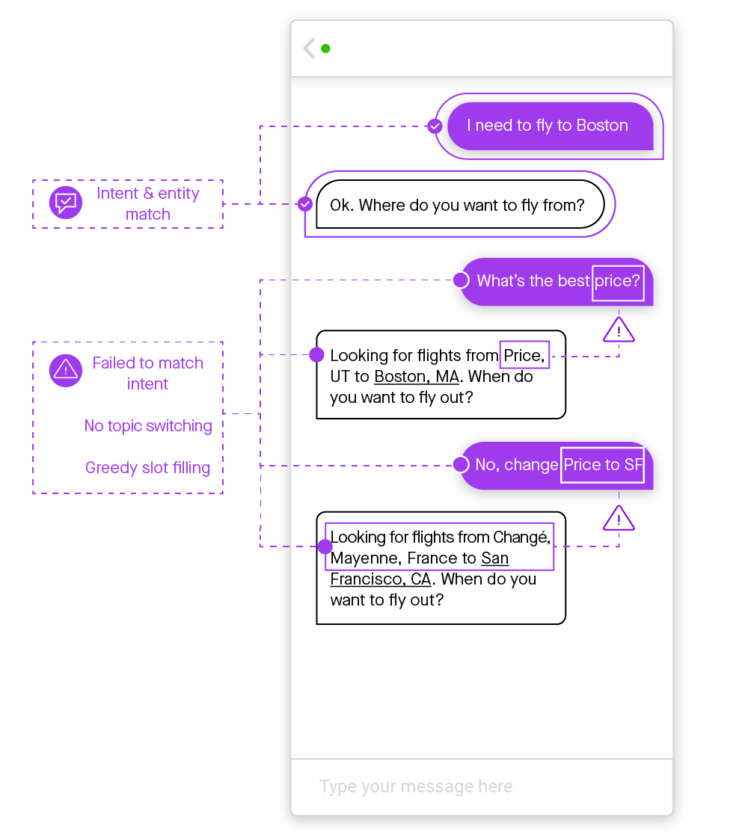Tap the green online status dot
[325, 49]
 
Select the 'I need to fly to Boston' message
[548, 126]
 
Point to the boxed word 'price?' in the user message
[618, 282]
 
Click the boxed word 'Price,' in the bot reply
[525, 355]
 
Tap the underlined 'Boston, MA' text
[417, 377]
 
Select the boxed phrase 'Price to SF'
[602, 465]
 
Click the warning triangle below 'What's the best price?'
[619, 330]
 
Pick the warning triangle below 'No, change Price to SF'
[619, 518]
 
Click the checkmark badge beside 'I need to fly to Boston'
[435, 126]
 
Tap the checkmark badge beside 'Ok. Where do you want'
[305, 203]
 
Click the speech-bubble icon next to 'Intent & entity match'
[66, 202]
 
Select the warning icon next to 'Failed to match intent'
[66, 370]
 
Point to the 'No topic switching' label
[148, 426]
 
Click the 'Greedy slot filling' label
[147, 468]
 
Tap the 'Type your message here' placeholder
[416, 786]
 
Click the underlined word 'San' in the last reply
[495, 558]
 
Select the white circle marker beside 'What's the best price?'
[462, 280]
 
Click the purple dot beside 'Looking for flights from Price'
[316, 354]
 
